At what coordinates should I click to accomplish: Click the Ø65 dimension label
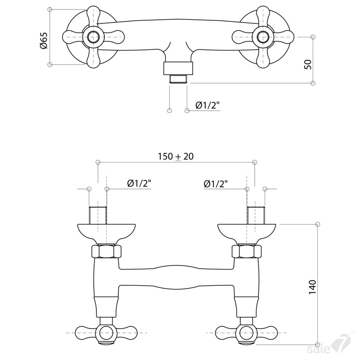(43, 40)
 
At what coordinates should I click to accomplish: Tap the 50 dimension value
(308, 64)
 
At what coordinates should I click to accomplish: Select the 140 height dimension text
(312, 287)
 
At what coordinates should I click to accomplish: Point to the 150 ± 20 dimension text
(175, 156)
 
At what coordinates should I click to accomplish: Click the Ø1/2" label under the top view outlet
(207, 105)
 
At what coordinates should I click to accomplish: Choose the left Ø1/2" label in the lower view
(139, 184)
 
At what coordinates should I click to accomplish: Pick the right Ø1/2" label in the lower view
(216, 184)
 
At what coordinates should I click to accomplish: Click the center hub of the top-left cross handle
(94, 37)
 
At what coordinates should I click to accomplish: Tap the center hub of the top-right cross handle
(263, 37)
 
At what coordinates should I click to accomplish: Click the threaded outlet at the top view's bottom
(178, 79)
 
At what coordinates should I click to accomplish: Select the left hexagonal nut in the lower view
(106, 252)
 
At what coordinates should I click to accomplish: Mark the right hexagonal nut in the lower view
(247, 252)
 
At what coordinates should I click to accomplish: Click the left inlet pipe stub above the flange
(98, 216)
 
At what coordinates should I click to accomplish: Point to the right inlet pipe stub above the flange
(256, 216)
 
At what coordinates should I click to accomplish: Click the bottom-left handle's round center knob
(106, 333)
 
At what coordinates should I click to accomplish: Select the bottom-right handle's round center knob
(246, 333)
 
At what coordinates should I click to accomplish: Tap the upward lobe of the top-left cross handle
(94, 16)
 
